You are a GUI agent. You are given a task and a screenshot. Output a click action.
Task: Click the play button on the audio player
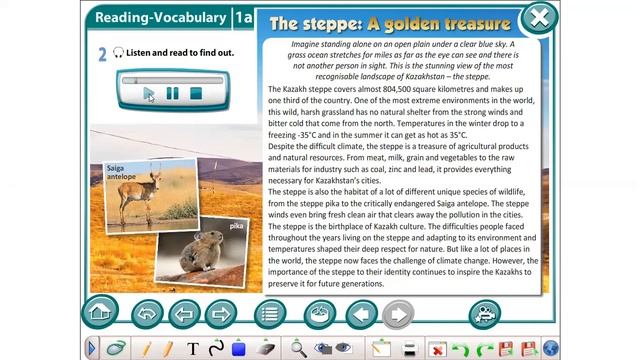pyautogui.click(x=149, y=93)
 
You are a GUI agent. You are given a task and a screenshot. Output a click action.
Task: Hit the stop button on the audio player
pyautogui.click(x=197, y=93)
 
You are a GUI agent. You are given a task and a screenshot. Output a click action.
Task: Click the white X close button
pyautogui.click(x=539, y=17)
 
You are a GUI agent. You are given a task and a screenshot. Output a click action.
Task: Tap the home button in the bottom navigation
pyautogui.click(x=100, y=313)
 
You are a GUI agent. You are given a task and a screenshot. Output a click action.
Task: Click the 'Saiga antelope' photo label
pyautogui.click(x=120, y=172)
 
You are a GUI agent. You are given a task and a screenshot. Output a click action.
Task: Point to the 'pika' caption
pyautogui.click(x=236, y=226)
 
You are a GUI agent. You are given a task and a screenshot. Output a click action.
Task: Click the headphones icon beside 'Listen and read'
pyautogui.click(x=117, y=53)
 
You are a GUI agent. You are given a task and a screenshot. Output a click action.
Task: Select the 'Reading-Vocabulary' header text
pyautogui.click(x=157, y=18)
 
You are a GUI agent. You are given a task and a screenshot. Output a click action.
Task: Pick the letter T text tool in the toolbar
pyautogui.click(x=193, y=348)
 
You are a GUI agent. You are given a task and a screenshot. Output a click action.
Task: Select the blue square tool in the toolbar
pyautogui.click(x=239, y=348)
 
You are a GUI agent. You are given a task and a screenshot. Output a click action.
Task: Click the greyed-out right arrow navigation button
pyautogui.click(x=397, y=314)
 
